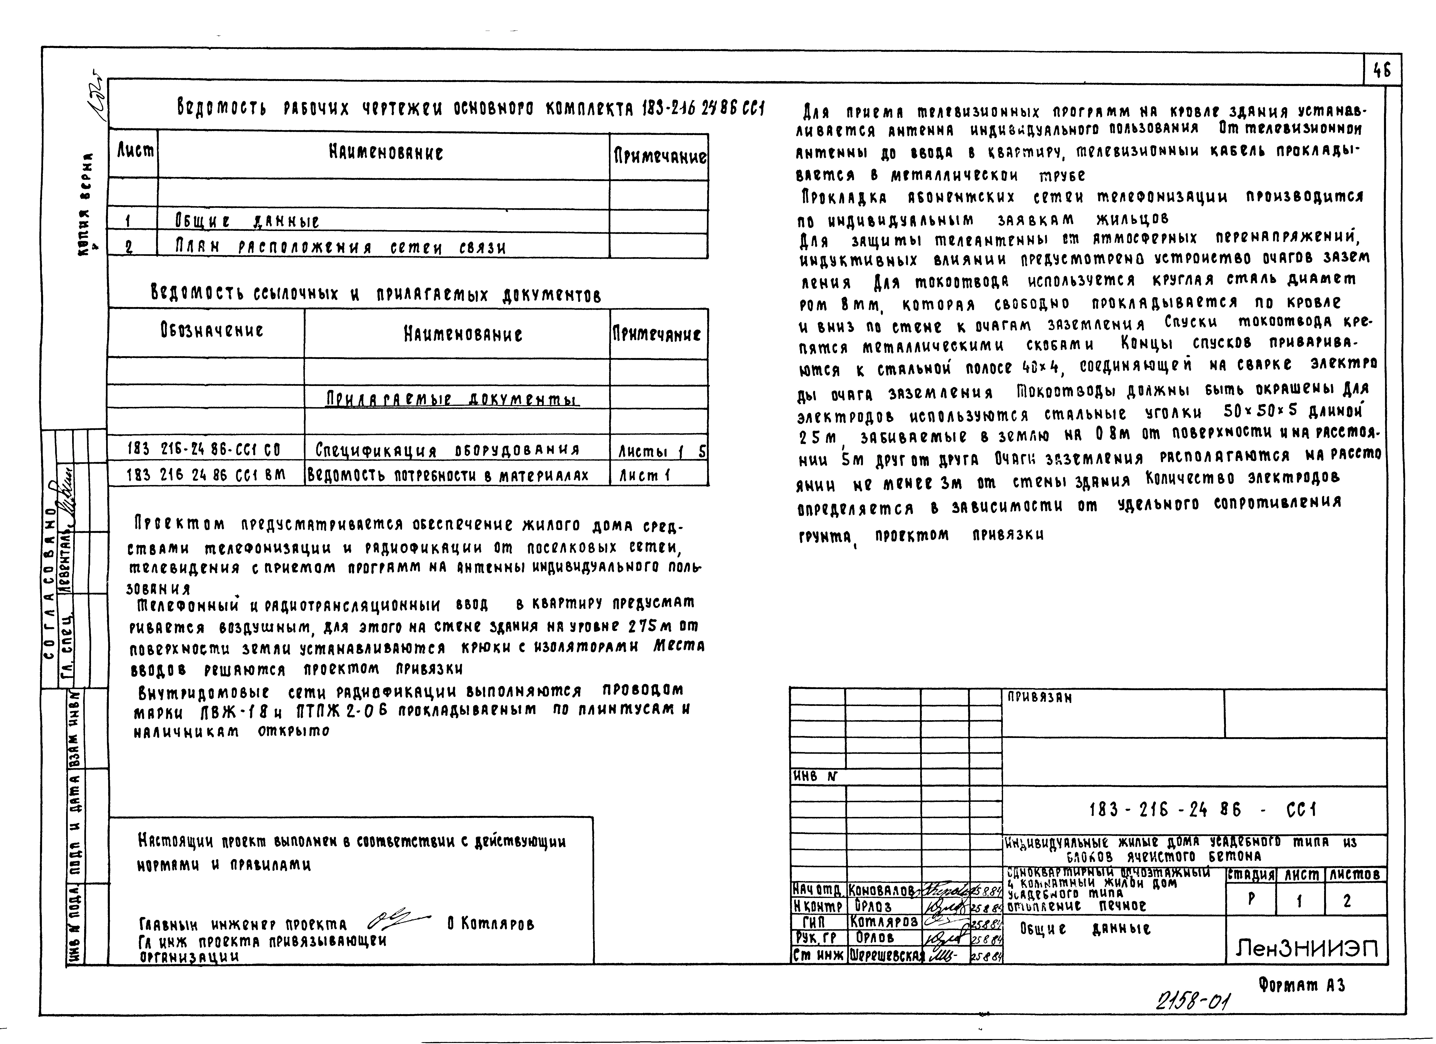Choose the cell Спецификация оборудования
(x=446, y=450)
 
